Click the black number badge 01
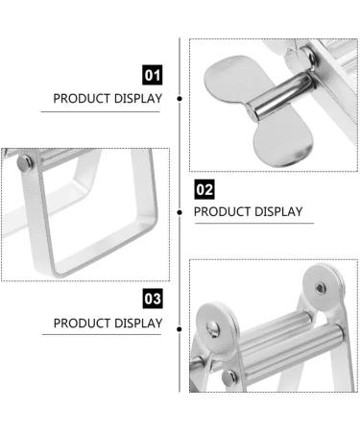pyautogui.click(x=152, y=74)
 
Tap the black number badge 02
pyautogui.click(x=204, y=188)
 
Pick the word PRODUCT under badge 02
pyautogui.click(x=224, y=211)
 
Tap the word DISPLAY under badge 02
pyautogui.click(x=279, y=211)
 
